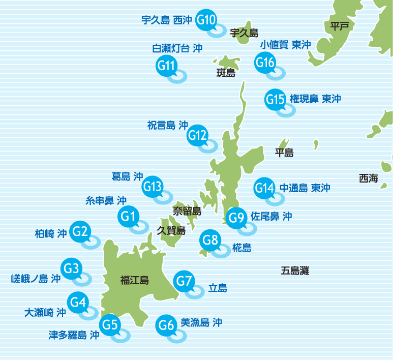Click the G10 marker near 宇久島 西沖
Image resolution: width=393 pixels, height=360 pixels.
click(x=206, y=20)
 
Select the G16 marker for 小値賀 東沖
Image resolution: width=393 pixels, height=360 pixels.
click(x=265, y=63)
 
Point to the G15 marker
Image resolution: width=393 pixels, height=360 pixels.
click(x=275, y=99)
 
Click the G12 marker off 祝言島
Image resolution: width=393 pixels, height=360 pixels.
click(x=197, y=135)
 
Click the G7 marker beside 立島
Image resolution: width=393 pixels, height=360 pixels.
click(x=184, y=281)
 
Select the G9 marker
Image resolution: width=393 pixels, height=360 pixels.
click(x=236, y=218)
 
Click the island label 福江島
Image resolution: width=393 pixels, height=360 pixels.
click(x=134, y=280)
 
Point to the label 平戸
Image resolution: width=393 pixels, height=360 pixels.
click(x=340, y=26)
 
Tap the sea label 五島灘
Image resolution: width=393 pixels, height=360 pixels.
click(x=295, y=271)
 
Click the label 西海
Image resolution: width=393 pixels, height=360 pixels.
click(x=369, y=178)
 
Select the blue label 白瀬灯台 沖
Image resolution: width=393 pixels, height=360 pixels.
click(x=177, y=48)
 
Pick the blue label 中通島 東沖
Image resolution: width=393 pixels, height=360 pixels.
click(x=305, y=188)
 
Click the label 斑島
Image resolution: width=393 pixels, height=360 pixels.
click(x=226, y=73)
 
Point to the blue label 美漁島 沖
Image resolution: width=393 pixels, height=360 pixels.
click(x=201, y=322)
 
